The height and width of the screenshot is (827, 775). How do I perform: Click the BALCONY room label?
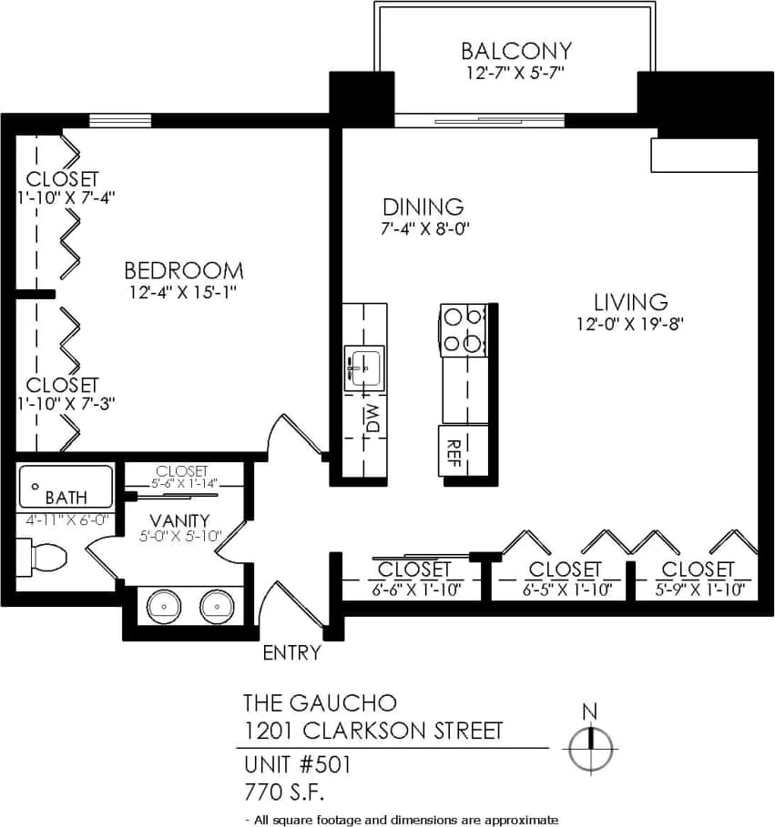tap(515, 50)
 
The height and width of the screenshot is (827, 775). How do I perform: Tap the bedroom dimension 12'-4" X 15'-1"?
tap(184, 293)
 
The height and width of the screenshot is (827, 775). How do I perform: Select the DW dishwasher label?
tap(372, 419)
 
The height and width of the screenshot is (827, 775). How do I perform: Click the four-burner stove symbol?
tap(462, 329)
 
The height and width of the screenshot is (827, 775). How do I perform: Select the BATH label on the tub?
tap(66, 498)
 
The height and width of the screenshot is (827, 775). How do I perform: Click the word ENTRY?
tap(291, 652)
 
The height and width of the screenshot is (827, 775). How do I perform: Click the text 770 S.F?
tap(283, 790)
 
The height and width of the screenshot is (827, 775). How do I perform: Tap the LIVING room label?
tap(631, 301)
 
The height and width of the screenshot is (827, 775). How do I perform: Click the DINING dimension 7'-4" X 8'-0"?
tap(424, 229)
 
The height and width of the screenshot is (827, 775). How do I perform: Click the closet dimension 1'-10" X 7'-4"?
tap(64, 197)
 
